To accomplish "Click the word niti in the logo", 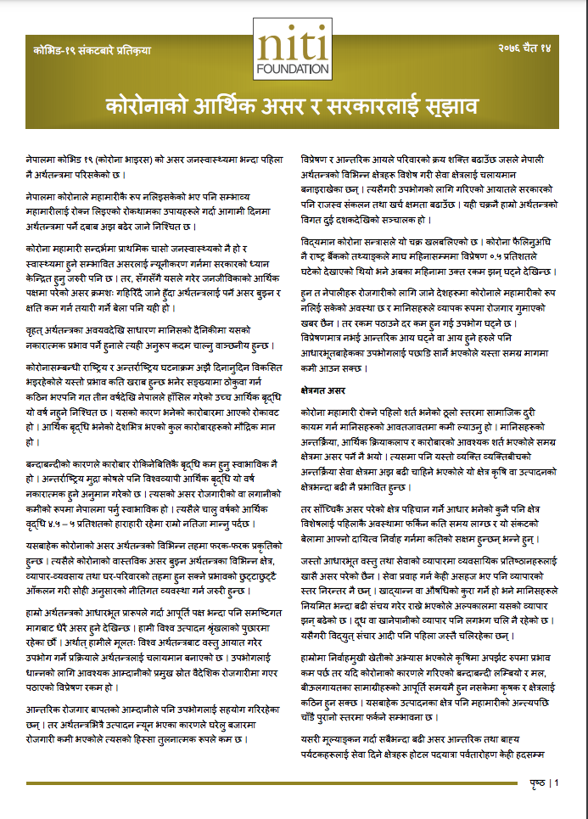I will pos(294,44).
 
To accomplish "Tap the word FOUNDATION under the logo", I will pos(294,68).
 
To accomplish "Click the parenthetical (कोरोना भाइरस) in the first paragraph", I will pos(125,160).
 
